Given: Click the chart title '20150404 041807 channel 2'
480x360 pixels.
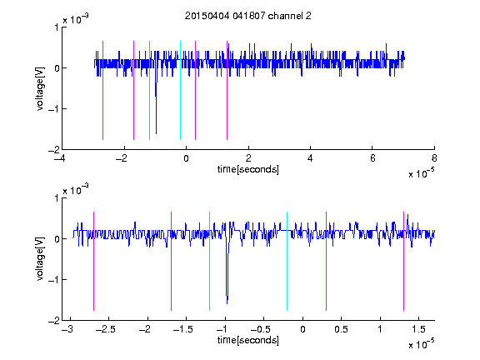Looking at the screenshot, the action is (x=248, y=16).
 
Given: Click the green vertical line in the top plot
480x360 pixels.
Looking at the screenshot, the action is (x=149, y=90).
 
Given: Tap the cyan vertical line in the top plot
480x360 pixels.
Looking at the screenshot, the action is (x=180, y=90).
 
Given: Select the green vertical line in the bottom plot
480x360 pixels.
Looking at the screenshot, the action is (x=209, y=261).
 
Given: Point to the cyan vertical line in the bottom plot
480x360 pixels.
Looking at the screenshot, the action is (x=287, y=261).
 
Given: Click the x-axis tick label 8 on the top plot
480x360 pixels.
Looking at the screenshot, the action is (x=434, y=158).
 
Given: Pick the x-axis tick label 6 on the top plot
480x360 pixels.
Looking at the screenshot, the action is (x=372, y=158).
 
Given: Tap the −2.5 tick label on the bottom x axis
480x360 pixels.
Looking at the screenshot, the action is (x=105, y=329).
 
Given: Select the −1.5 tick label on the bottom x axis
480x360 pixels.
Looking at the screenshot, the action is (x=182, y=329).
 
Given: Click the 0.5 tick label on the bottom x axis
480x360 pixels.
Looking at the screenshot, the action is (x=342, y=329).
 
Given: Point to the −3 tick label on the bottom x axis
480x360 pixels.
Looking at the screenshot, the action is (x=67, y=329).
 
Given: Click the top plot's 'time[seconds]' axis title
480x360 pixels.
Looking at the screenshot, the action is (x=248, y=169).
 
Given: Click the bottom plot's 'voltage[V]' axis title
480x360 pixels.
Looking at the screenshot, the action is (x=40, y=259).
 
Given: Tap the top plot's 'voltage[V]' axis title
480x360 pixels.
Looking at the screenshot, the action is (x=40, y=89).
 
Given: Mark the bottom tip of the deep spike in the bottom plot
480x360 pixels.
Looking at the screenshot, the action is (x=227, y=303).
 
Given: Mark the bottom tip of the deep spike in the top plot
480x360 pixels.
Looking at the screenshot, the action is (x=156, y=134).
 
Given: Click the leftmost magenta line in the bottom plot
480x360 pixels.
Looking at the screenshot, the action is (x=93, y=261).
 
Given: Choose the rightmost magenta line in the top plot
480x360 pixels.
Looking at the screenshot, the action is (x=227, y=90).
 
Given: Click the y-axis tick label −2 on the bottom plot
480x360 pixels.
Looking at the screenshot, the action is (x=54, y=321).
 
